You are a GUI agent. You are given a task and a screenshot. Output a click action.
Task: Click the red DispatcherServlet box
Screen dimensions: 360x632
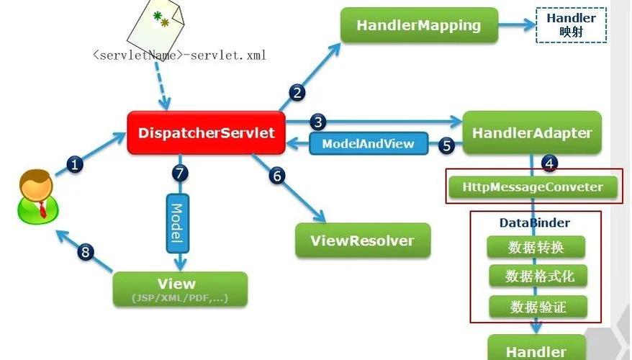tap(206, 132)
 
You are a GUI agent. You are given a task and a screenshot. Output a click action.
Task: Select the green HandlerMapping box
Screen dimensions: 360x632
tap(419, 25)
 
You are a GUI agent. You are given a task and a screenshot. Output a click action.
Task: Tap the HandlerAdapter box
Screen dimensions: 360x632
tap(532, 132)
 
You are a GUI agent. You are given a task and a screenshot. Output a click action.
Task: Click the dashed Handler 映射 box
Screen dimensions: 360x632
tap(571, 25)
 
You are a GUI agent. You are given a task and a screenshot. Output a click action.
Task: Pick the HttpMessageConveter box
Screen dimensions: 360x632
tap(533, 187)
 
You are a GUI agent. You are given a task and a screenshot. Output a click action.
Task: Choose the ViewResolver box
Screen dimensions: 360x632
tap(363, 240)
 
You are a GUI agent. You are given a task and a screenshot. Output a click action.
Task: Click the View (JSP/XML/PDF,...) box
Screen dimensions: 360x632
tap(180, 289)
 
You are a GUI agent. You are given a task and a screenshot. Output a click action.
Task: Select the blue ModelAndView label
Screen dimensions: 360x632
tap(368, 143)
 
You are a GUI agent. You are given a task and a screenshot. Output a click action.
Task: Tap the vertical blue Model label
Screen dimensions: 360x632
tap(177, 223)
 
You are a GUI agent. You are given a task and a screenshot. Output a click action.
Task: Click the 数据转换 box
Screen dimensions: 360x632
tap(536, 247)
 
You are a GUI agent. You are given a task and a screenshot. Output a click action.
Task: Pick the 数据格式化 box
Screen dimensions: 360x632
tap(536, 276)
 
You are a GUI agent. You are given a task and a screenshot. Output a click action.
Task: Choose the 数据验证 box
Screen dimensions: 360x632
tap(537, 307)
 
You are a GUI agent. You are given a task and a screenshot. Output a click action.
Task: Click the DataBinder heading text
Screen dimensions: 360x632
tap(534, 223)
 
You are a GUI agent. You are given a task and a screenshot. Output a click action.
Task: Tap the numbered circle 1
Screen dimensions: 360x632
tap(75, 165)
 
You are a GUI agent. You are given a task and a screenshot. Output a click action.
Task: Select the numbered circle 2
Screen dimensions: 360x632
tap(297, 92)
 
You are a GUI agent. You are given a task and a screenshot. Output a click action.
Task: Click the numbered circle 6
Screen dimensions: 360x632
tap(278, 175)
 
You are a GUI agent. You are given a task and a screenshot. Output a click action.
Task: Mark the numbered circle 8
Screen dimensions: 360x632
tap(86, 252)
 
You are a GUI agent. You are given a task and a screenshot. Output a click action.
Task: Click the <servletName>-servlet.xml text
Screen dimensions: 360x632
tap(179, 55)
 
